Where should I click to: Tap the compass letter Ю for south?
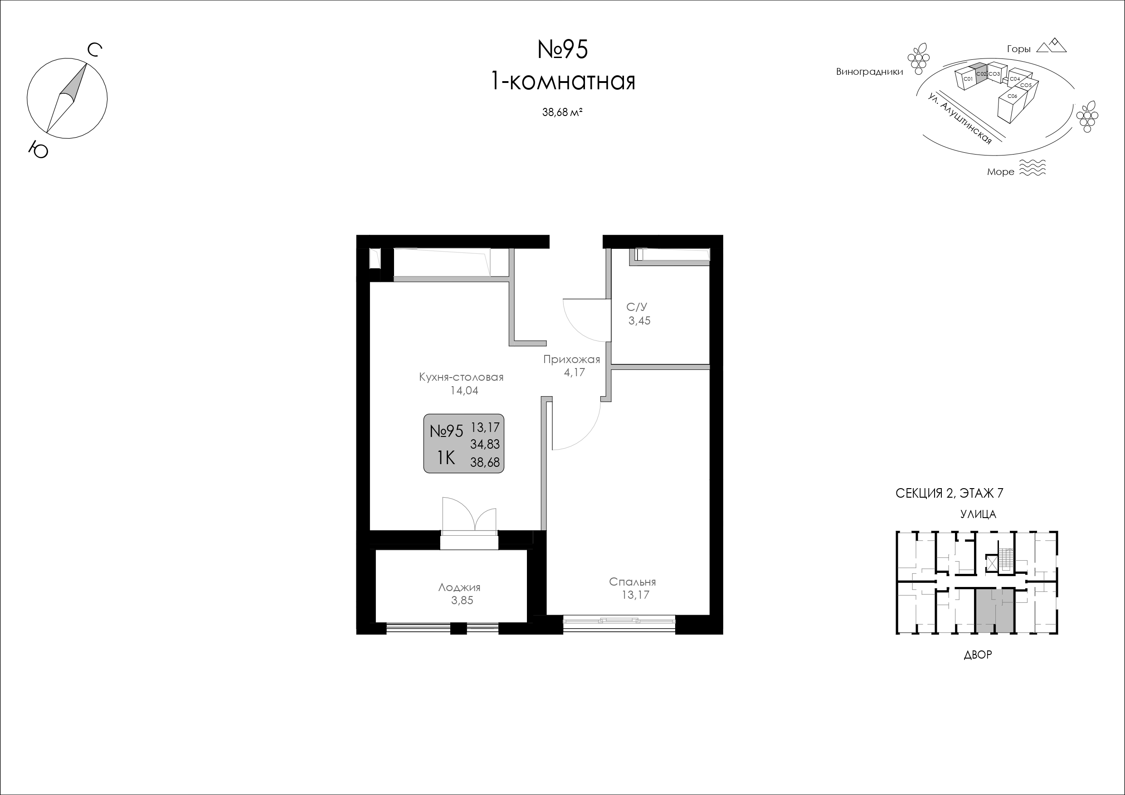click(38, 150)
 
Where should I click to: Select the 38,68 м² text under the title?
click(562, 112)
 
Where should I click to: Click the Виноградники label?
click(869, 72)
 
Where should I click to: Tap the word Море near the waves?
click(1001, 172)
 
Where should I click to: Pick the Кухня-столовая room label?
click(461, 377)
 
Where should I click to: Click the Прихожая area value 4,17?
click(574, 372)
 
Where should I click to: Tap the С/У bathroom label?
click(637, 307)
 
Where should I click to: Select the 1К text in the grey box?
click(446, 458)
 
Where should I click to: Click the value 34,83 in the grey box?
click(485, 444)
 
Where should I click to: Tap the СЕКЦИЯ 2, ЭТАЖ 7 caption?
click(949, 493)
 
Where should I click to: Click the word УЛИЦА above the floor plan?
click(978, 514)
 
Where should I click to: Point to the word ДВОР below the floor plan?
click(978, 655)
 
